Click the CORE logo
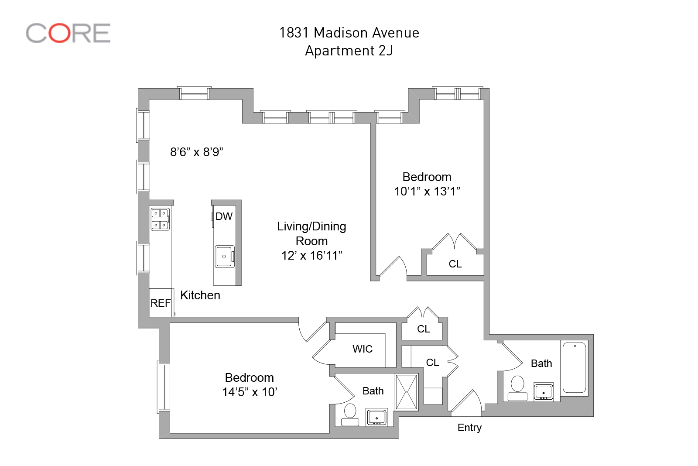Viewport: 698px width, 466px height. tap(68, 33)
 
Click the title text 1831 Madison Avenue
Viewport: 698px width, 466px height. tap(349, 33)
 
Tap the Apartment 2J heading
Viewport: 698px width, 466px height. tap(349, 51)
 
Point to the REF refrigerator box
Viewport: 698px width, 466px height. tap(161, 303)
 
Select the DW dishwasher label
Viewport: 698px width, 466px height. tap(224, 216)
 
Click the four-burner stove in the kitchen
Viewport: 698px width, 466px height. tap(160, 219)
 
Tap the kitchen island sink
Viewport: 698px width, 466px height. tap(224, 257)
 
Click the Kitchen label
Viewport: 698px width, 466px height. tap(200, 295)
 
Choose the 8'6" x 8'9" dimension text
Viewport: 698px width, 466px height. tap(197, 152)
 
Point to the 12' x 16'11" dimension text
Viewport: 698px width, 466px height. tap(311, 256)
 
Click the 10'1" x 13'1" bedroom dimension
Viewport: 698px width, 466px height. tap(427, 192)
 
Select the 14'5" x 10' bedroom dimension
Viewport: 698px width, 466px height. tap(250, 392)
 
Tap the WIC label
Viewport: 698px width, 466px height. tap(363, 349)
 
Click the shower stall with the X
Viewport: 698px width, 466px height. tap(406, 392)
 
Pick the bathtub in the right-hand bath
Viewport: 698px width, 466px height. tap(575, 368)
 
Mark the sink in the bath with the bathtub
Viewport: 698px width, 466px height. tap(544, 391)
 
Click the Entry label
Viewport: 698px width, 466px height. tap(469, 428)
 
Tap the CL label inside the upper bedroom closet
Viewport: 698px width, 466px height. tap(455, 264)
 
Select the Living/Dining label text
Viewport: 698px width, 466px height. tap(311, 226)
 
